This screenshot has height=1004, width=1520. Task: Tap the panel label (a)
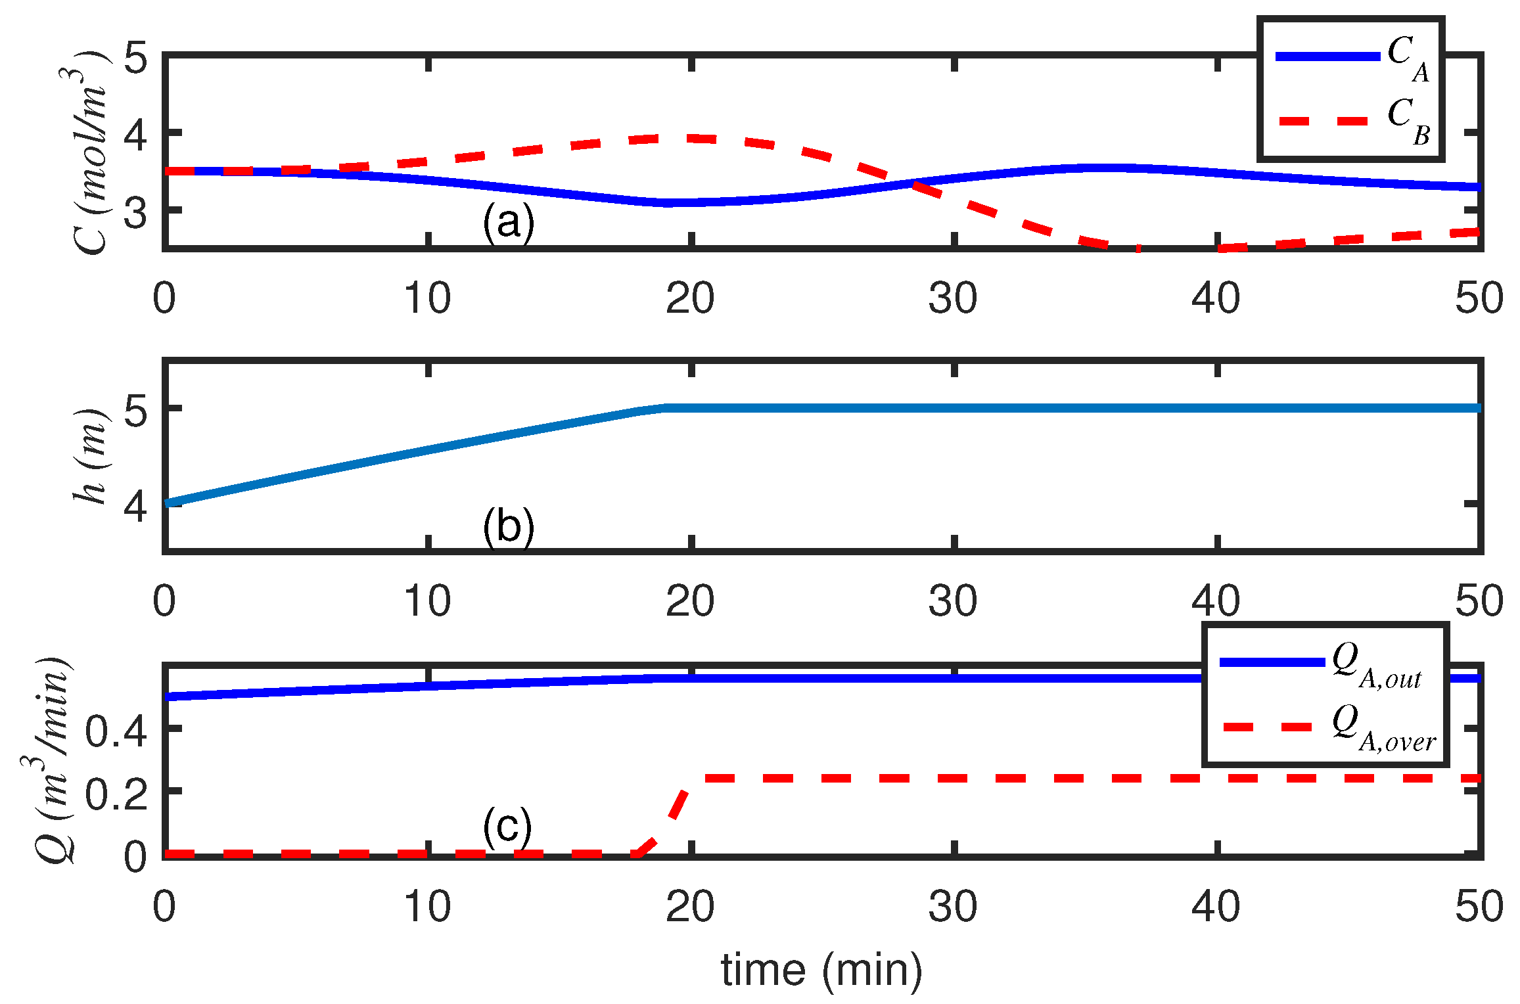(x=508, y=222)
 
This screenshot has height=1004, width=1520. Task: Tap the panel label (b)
(x=508, y=526)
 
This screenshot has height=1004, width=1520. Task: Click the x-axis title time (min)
(x=821, y=969)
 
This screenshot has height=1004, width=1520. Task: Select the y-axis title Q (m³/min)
(x=53, y=760)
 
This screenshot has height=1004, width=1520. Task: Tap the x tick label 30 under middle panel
(x=952, y=601)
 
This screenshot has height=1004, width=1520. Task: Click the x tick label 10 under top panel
(x=427, y=298)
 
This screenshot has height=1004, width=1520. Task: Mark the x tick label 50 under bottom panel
(x=1479, y=907)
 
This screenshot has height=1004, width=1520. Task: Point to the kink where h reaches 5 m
(x=665, y=408)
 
